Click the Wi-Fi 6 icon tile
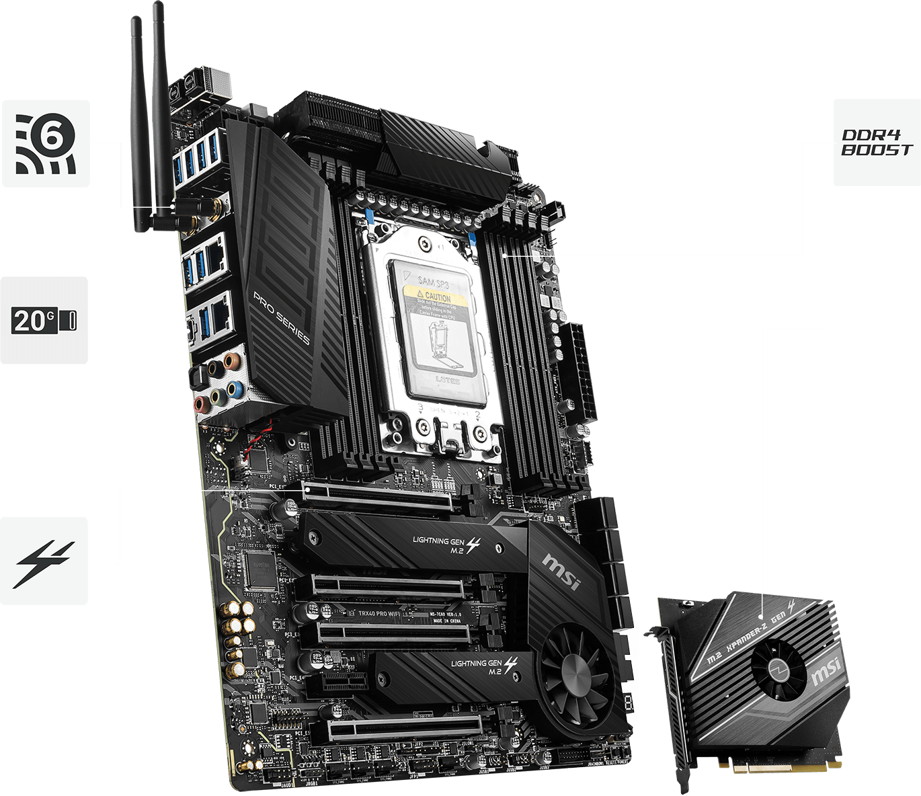click(x=46, y=143)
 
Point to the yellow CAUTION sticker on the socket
click(x=434, y=296)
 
